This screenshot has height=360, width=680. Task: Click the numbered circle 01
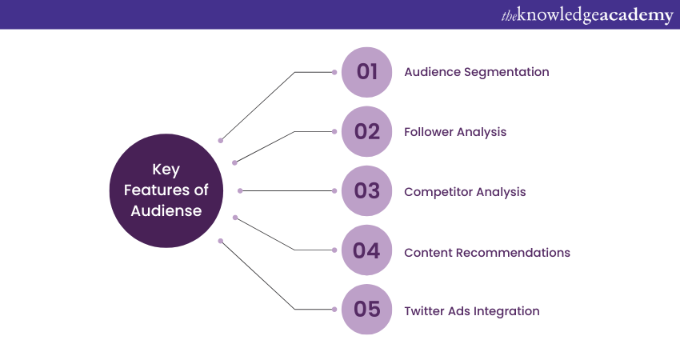tap(367, 72)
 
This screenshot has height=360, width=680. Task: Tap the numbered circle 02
tap(367, 132)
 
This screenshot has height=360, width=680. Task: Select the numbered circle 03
tap(367, 191)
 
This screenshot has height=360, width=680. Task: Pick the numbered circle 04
tap(367, 251)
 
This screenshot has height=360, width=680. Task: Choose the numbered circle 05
tap(367, 310)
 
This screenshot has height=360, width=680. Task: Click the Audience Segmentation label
tap(477, 72)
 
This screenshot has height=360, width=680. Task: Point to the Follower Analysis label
tap(455, 132)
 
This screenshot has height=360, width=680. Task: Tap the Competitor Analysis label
tap(465, 192)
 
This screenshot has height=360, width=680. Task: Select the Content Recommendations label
tap(487, 252)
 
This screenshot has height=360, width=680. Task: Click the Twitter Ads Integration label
tap(472, 311)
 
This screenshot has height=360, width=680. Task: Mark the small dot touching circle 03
tap(334, 191)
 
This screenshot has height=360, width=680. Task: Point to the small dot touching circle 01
tap(334, 72)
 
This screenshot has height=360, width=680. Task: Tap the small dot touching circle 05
tap(334, 310)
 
